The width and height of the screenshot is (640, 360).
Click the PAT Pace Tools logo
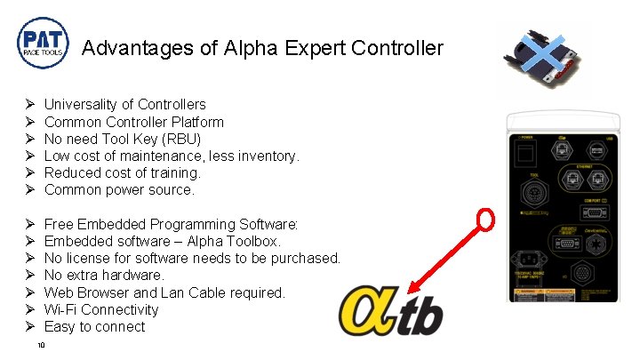pos(42,45)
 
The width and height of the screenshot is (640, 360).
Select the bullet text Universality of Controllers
pos(124,105)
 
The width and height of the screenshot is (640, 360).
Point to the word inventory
pos(267,156)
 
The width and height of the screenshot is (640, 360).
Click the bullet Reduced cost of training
pos(122,172)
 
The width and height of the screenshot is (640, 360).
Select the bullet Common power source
pos(118,189)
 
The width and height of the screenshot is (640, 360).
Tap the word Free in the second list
pos(60,224)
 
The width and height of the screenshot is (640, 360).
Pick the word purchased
pos(307,258)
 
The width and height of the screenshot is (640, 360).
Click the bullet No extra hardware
pos(104,275)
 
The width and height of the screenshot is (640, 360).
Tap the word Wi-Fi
pos(61,309)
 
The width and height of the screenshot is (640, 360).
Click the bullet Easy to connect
pos(94,326)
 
